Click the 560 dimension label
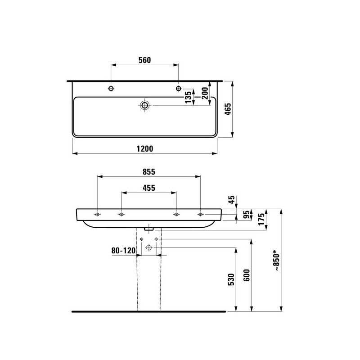[144, 60]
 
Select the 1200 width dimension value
[144, 149]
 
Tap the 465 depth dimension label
[228, 109]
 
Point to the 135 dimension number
[188, 97]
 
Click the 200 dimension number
[205, 93]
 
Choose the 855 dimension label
[149, 172]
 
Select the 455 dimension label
[149, 188]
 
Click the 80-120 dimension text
[123, 251]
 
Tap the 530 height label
[231, 279]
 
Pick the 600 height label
[247, 275]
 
